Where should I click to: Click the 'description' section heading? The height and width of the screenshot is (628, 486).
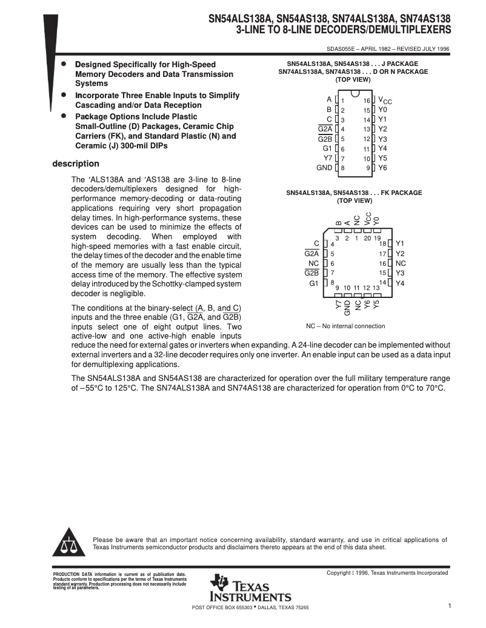[x=76, y=164]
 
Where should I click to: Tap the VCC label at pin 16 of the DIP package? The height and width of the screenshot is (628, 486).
[x=385, y=101]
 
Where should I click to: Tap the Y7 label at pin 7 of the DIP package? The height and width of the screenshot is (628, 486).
[x=327, y=158]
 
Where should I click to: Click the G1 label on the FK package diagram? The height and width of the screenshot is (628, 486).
[x=314, y=283]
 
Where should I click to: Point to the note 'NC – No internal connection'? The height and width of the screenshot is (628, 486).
[x=345, y=326]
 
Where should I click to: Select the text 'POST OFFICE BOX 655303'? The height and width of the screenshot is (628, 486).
[x=222, y=607]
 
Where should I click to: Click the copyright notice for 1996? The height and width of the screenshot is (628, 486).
[x=387, y=573]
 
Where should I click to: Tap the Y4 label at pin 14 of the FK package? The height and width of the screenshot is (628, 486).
[x=400, y=283]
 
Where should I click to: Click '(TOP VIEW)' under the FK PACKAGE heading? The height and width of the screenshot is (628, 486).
[x=354, y=200]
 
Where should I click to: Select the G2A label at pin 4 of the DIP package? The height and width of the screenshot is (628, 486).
[x=325, y=129]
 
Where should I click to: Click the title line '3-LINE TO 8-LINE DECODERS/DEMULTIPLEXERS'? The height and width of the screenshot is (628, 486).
[x=343, y=29]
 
